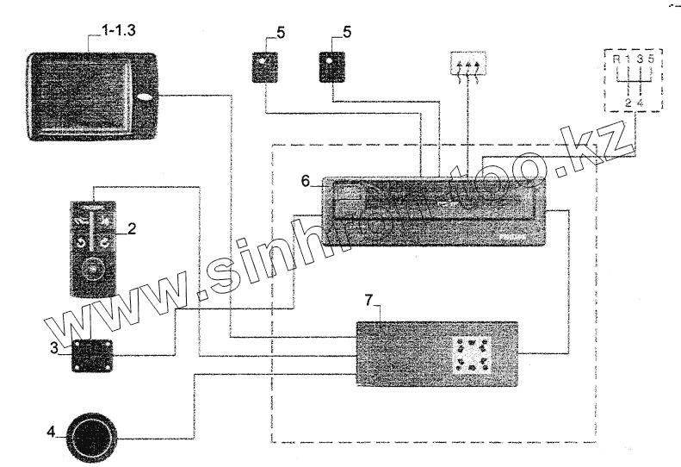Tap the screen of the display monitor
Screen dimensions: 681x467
pyautogui.click(x=83, y=92)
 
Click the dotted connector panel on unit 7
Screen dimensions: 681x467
pyautogui.click(x=473, y=354)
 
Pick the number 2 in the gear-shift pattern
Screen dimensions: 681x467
pyautogui.click(x=628, y=103)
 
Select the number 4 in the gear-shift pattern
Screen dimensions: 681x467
pyautogui.click(x=641, y=103)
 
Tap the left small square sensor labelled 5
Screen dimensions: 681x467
pyautogui.click(x=263, y=65)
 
